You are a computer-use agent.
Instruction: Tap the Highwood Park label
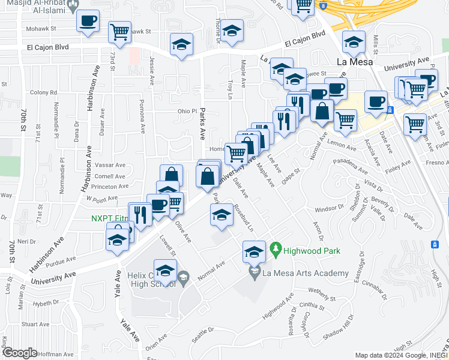pos(312,251)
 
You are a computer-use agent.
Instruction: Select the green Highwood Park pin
pos(276,247)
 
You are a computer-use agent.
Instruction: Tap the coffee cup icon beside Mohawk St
pos(88,22)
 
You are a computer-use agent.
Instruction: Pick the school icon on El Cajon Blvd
pos(181,46)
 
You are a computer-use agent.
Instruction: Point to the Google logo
pos(19,353)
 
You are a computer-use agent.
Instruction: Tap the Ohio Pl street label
pos(187,111)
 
